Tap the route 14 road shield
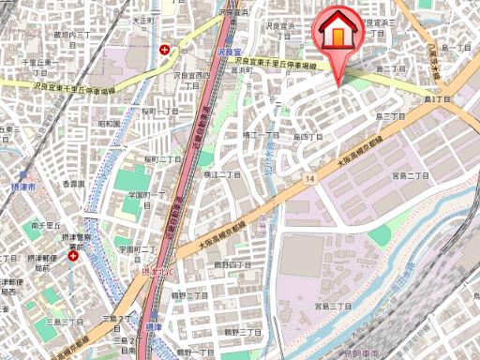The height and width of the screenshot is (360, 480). pos(307,176)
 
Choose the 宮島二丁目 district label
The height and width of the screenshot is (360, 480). pos(410,175)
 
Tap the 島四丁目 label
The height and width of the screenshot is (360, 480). pos(306,137)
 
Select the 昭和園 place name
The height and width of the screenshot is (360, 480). pos(108,123)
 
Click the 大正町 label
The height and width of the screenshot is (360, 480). pos(142,19)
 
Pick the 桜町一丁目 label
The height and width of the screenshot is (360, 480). pos(160,111)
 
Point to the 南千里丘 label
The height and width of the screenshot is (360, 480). pos(45,226)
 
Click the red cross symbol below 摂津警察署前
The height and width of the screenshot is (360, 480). pos(73,255)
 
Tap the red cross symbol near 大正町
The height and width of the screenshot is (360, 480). pos(165,49)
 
